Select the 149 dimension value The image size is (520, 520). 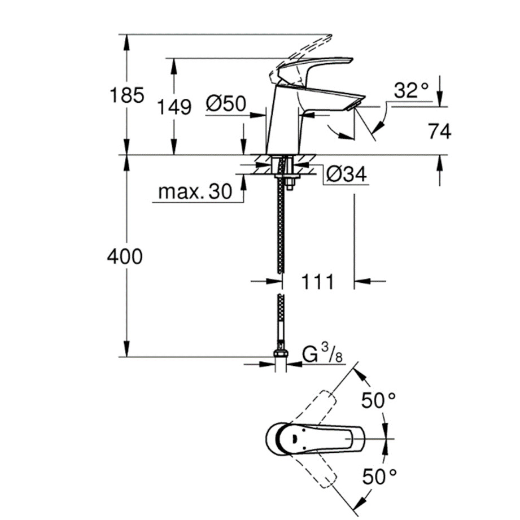[175, 106]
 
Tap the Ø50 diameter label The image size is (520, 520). [225, 103]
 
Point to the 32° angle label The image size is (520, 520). [412, 90]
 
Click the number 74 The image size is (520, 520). [440, 132]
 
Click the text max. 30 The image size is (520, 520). [195, 192]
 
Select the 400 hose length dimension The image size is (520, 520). [125, 257]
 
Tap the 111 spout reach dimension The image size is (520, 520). [317, 281]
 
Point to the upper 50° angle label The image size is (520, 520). [378, 401]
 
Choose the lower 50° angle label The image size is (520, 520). [378, 477]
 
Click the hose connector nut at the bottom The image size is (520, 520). [281, 357]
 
